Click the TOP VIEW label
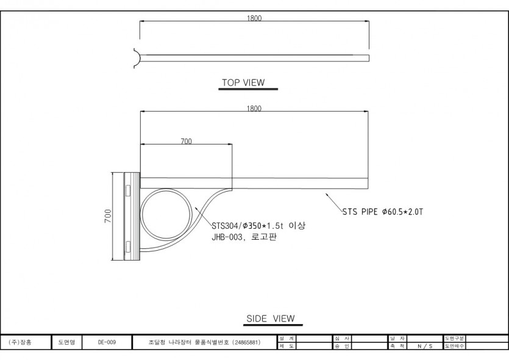point(243,82)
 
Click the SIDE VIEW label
point(271,319)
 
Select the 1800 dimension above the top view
point(254,18)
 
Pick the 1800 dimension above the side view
point(254,108)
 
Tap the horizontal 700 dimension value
point(187,142)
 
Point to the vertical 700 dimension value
point(108,216)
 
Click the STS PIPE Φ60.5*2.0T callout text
point(383,212)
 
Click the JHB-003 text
point(227,237)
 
